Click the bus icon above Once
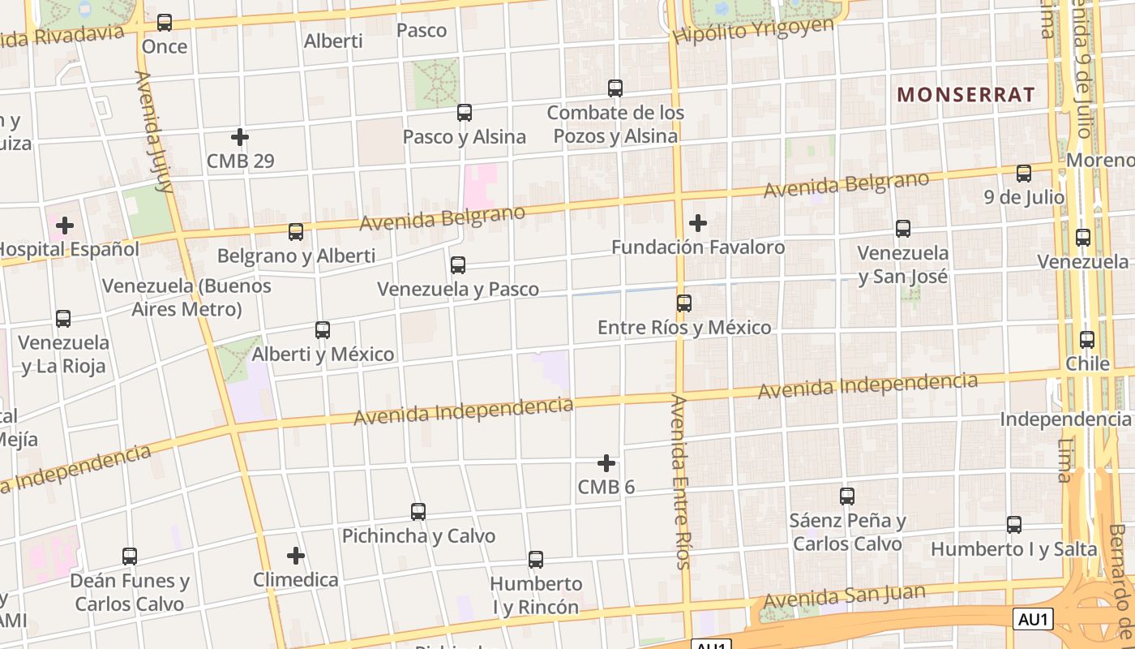(165, 23)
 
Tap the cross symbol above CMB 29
(239, 137)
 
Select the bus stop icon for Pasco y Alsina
(465, 113)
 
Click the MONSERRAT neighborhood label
(966, 95)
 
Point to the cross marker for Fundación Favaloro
(697, 223)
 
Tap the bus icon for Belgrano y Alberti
(296, 232)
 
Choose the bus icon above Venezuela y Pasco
(458, 265)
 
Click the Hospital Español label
(70, 249)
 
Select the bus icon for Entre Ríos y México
(684, 303)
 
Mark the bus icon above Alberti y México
(323, 330)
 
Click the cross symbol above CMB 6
(606, 463)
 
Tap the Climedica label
(296, 580)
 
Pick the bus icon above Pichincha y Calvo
(418, 512)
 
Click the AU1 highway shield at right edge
(1034, 620)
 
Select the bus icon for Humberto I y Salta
(1014, 525)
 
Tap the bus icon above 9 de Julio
(1024, 174)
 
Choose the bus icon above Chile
(1087, 340)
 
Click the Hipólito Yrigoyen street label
(753, 31)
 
